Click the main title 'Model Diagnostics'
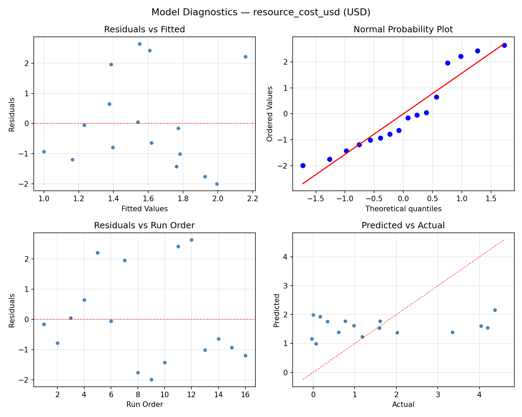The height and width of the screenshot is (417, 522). pyautogui.click(x=261, y=12)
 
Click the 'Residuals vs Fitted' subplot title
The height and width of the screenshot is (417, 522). pyautogui.click(x=144, y=30)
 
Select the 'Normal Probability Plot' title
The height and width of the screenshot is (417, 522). pyautogui.click(x=403, y=30)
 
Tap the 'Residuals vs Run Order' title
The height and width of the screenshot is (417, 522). pyautogui.click(x=144, y=226)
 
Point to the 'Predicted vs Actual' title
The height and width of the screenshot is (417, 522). pyautogui.click(x=403, y=226)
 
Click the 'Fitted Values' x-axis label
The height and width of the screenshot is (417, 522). pyautogui.click(x=144, y=209)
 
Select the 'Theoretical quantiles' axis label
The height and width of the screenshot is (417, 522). pyautogui.click(x=403, y=209)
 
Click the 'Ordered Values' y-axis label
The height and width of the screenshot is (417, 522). pyautogui.click(x=269, y=114)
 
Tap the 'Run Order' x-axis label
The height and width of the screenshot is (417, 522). pyautogui.click(x=144, y=404)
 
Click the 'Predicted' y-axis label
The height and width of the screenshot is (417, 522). pyautogui.click(x=276, y=310)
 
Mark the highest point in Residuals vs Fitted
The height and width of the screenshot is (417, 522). pyautogui.click(x=140, y=44)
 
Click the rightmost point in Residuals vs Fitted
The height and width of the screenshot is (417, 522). pyautogui.click(x=245, y=57)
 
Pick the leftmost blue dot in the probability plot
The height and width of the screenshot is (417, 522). pyautogui.click(x=303, y=165)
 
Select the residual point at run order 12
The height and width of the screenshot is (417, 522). pyautogui.click(x=191, y=240)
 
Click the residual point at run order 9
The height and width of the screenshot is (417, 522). pyautogui.click(x=151, y=379)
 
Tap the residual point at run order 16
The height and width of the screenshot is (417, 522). pyautogui.click(x=245, y=355)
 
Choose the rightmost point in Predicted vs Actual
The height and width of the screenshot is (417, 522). pyautogui.click(x=495, y=310)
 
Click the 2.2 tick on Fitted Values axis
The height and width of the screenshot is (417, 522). pyautogui.click(x=252, y=198)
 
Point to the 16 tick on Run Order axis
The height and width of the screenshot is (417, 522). pyautogui.click(x=245, y=394)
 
